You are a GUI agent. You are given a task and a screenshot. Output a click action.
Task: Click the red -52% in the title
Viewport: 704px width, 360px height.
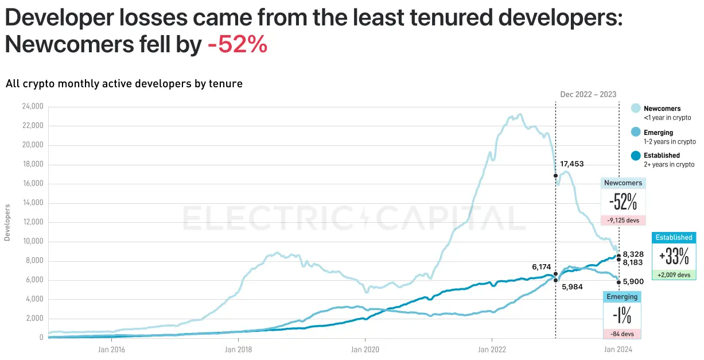tap(238, 45)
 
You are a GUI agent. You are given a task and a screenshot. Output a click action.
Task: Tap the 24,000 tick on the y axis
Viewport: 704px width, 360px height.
tap(33, 107)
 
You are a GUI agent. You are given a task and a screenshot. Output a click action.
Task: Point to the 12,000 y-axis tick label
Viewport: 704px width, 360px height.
tap(33, 222)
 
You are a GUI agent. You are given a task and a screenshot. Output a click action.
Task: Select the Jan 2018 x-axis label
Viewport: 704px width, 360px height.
tap(238, 349)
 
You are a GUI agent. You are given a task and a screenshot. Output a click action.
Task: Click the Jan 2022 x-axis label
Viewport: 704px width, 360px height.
tap(492, 349)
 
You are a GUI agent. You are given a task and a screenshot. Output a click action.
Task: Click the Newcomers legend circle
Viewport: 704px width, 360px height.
tap(636, 109)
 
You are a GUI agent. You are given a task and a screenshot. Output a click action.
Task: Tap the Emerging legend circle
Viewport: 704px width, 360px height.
tap(636, 133)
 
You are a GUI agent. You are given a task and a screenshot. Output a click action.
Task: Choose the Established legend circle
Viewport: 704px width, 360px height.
tap(636, 156)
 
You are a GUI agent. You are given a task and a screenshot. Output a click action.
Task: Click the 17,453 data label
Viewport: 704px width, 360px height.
tap(571, 164)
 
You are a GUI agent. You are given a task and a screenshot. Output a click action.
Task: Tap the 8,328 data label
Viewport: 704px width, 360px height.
tap(633, 254)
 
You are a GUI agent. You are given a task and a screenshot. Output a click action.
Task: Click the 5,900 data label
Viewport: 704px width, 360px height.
tap(633, 281)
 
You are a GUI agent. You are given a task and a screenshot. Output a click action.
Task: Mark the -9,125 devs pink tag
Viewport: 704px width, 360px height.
tap(623, 220)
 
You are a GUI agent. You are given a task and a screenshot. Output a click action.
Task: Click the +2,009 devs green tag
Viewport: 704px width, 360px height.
tap(674, 274)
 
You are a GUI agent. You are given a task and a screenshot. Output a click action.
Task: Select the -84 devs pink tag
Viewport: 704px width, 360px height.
tap(622, 334)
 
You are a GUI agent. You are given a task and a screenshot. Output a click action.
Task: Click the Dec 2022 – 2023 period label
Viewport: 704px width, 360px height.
tap(588, 95)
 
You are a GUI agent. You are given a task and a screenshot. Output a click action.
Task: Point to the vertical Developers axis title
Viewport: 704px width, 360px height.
tap(7, 222)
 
